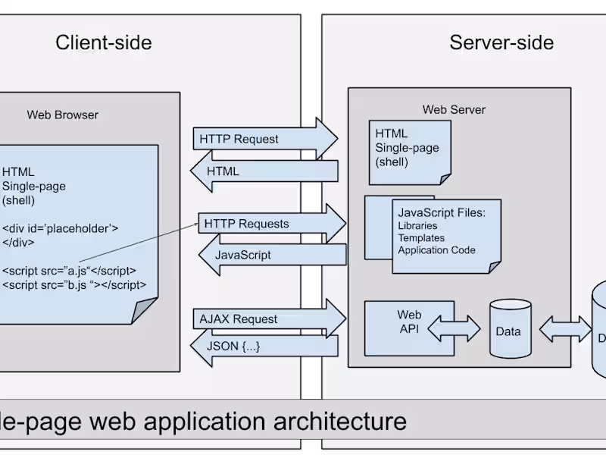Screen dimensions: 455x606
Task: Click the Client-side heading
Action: click(x=103, y=42)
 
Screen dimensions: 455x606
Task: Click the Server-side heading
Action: click(x=501, y=42)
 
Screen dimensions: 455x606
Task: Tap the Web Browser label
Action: click(x=62, y=115)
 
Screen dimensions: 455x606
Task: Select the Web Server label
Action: click(x=454, y=109)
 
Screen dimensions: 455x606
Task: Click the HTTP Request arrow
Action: click(x=265, y=140)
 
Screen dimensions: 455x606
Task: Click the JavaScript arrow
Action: click(x=273, y=255)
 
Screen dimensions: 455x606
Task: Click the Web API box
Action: click(x=409, y=322)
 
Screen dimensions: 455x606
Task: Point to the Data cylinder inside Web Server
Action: click(x=508, y=329)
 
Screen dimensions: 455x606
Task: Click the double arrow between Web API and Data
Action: click(x=454, y=329)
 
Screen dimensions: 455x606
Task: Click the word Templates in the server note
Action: click(x=421, y=238)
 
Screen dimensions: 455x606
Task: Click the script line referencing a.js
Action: click(x=69, y=271)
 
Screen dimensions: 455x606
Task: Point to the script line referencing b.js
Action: click(x=73, y=285)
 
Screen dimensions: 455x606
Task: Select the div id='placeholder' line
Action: click(x=60, y=227)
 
